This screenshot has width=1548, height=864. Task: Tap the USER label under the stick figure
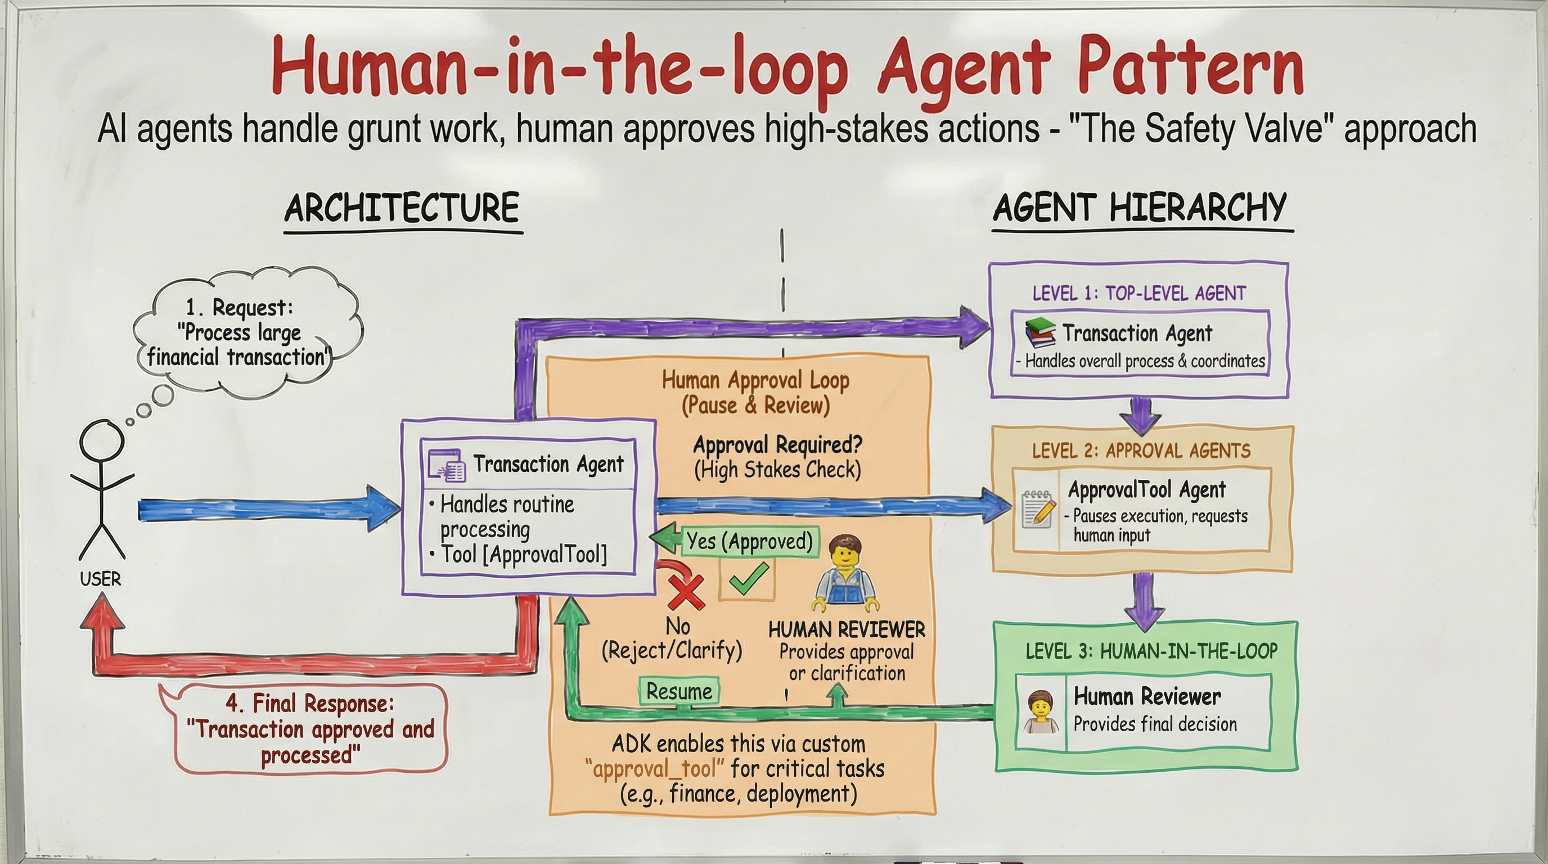click(100, 579)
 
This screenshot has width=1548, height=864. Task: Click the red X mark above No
click(686, 592)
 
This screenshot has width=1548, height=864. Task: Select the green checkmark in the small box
click(748, 579)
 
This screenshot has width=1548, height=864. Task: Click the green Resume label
click(678, 691)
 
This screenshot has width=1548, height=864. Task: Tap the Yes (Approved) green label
click(749, 541)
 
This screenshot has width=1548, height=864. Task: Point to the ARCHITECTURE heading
click(402, 209)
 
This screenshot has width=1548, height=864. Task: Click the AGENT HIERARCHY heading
click(1140, 209)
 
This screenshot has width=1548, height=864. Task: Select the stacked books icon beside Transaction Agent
click(1040, 332)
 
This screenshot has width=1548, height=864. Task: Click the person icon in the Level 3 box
click(1041, 712)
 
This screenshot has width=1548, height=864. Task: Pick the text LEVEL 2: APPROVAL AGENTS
click(1141, 451)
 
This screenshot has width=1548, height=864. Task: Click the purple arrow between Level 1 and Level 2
click(1141, 415)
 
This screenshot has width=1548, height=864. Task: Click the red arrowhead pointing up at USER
click(102, 610)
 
